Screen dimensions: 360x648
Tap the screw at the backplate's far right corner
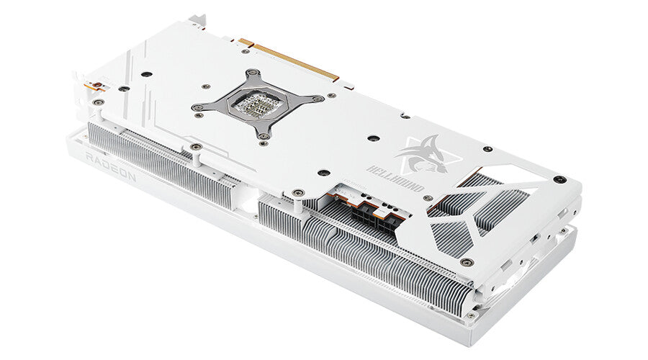pyautogui.click(x=562, y=179)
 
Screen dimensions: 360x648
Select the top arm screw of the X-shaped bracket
pyautogui.click(x=254, y=73)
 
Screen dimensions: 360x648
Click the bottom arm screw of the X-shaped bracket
pyautogui.click(x=265, y=135)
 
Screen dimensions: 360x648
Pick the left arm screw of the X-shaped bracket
pyautogui.click(x=197, y=108)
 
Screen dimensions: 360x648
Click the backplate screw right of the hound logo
pyautogui.click(x=487, y=149)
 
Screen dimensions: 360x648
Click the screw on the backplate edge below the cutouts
pyautogui.click(x=467, y=262)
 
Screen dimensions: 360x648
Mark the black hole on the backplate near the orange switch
pyautogui.click(x=124, y=89)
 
